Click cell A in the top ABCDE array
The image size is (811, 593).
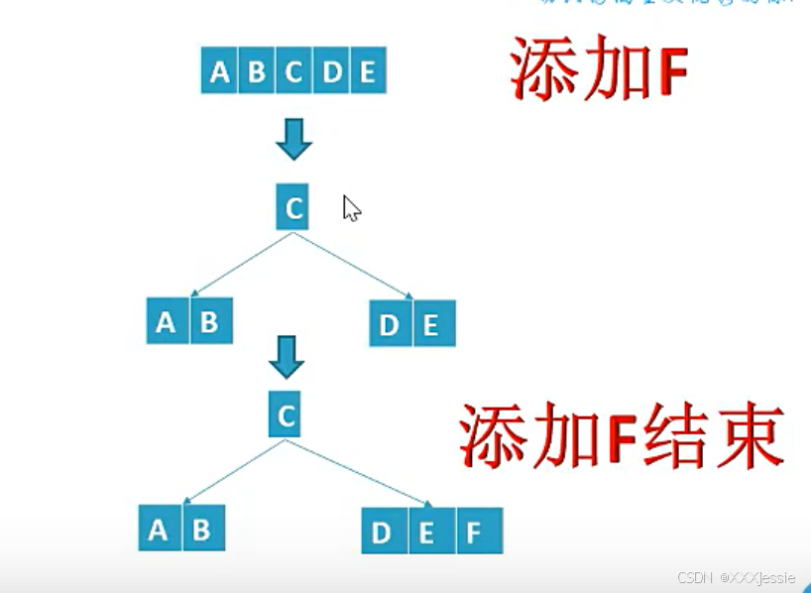(220, 71)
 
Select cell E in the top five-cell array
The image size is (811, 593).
(368, 71)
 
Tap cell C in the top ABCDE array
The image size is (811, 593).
(294, 71)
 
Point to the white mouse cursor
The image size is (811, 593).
(351, 208)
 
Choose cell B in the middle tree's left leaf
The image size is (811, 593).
(210, 321)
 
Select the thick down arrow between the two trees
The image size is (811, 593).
(287, 358)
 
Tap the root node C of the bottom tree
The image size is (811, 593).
(286, 415)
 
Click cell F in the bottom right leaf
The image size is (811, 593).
(474, 533)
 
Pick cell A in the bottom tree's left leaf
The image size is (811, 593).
(159, 530)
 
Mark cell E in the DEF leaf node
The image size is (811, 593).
(426, 533)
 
